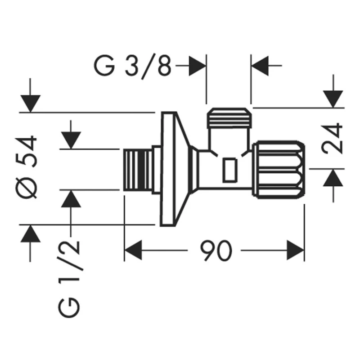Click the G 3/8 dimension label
point(132,66)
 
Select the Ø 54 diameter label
point(26,167)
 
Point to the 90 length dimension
point(216,251)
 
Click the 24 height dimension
point(332,138)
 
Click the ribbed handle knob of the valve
point(279,170)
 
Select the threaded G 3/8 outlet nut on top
point(229,118)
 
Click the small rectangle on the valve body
point(229,170)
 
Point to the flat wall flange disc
point(168,169)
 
